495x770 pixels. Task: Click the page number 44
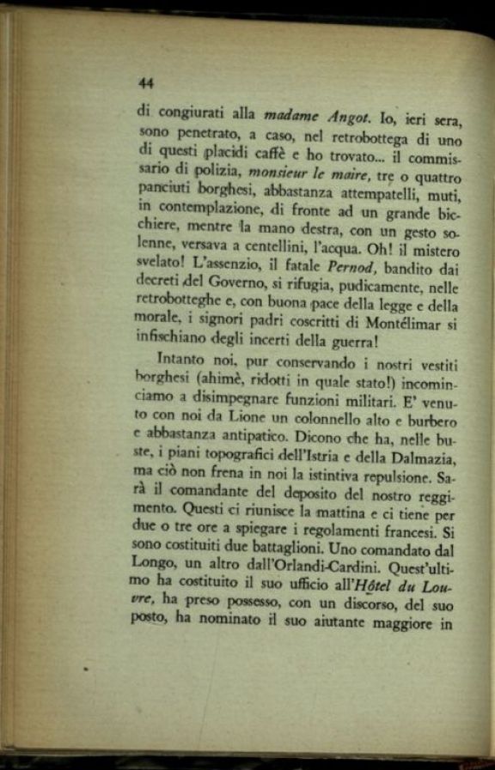145,83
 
